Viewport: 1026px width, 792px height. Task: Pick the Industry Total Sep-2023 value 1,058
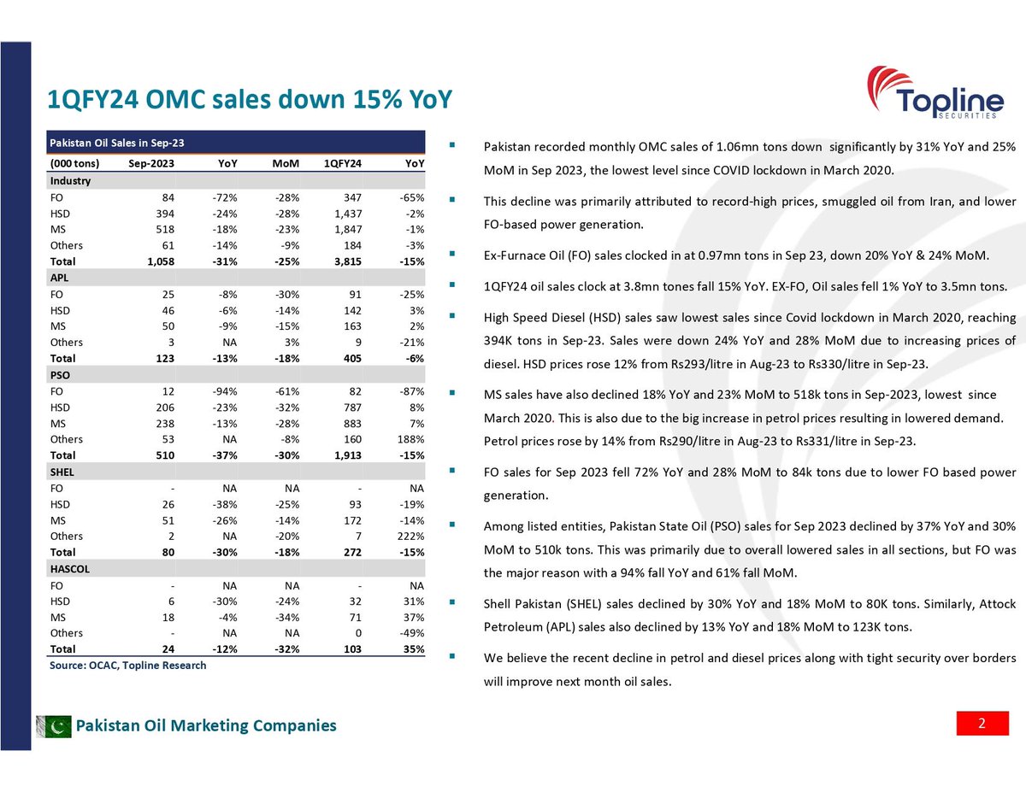click(160, 261)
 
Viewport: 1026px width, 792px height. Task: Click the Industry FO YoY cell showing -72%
click(226, 197)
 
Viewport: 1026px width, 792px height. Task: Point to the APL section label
click(59, 278)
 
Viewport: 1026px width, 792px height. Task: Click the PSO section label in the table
click(59, 375)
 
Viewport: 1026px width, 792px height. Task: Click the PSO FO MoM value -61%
click(286, 390)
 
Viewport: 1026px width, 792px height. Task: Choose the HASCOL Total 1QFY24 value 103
click(351, 649)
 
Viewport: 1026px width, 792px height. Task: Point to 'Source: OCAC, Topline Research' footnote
click(127, 666)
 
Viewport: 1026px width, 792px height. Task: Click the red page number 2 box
click(982, 725)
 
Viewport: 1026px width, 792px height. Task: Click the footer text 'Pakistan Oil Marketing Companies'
click(206, 726)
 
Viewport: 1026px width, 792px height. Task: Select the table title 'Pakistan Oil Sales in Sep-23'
click(117, 141)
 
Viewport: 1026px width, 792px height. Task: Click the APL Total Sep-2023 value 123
click(165, 358)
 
